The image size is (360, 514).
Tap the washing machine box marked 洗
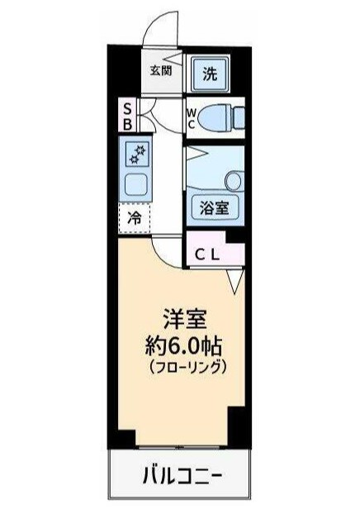(210, 74)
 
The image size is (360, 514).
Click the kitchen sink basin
(135, 183)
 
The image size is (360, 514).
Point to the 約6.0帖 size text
(182, 344)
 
